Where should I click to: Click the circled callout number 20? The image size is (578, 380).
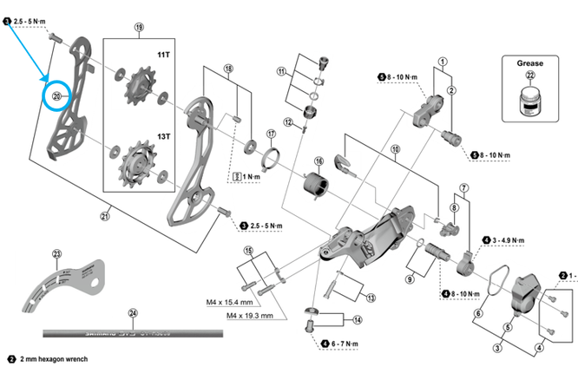[x=58, y=96]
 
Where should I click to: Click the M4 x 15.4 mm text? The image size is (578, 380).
[x=230, y=303]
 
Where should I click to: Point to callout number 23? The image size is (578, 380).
[x=56, y=254]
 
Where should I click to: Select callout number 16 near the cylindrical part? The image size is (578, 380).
[x=319, y=161]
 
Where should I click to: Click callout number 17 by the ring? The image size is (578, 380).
[x=271, y=134]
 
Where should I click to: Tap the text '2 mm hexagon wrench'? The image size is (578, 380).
[x=55, y=358]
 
